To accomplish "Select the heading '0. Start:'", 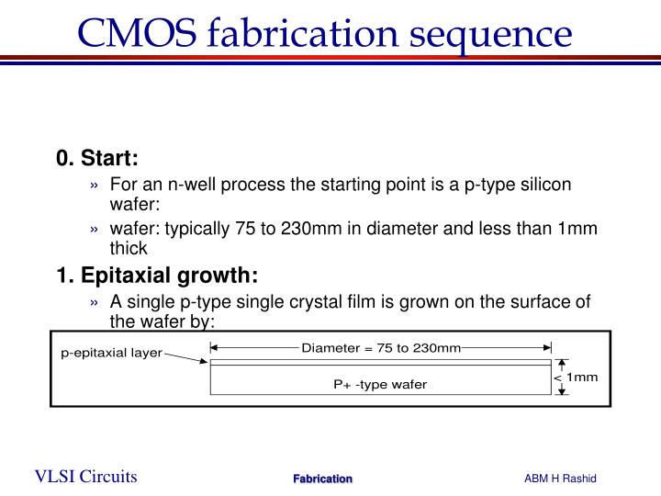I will coord(96,157).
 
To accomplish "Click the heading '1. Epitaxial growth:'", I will coord(157,276).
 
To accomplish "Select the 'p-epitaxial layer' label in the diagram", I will coord(111,353).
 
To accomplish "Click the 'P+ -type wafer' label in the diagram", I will coord(379,384).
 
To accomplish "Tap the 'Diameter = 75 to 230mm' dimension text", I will coord(381,347).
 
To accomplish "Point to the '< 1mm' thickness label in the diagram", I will coord(576,378).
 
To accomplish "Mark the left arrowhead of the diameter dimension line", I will coord(215,348).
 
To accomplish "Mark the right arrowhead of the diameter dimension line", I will coord(547,348).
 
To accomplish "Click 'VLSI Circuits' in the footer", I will coord(86,476).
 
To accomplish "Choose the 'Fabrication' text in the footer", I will coord(322,479).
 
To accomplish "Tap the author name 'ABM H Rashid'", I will coord(560,478).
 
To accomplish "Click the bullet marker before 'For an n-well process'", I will coord(95,185).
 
